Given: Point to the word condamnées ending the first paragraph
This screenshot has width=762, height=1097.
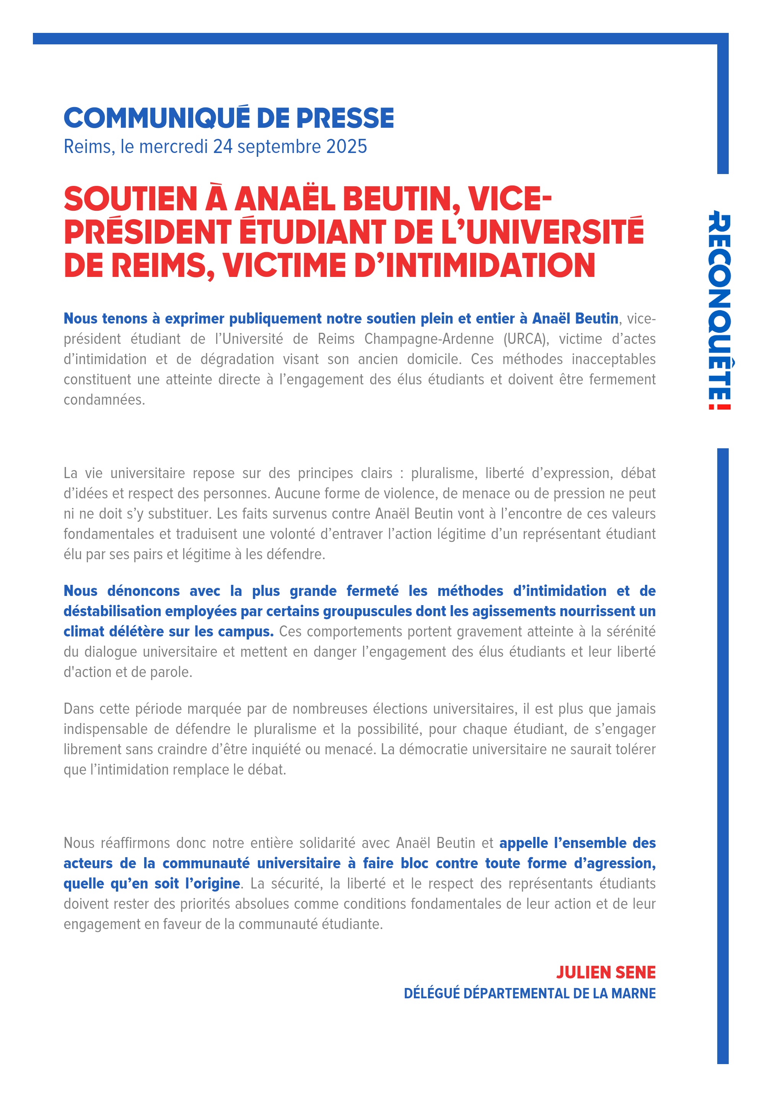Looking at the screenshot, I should (x=104, y=400).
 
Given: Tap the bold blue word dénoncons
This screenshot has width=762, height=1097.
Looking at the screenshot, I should (x=143, y=591).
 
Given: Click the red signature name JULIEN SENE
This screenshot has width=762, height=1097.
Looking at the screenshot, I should (x=606, y=972).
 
